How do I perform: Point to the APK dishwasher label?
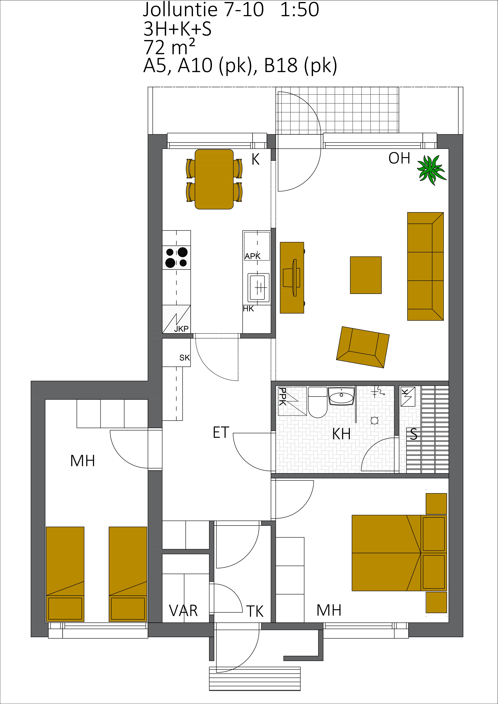coord(252,256)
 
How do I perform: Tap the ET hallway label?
coord(221,432)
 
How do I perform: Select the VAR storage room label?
coord(183,610)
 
